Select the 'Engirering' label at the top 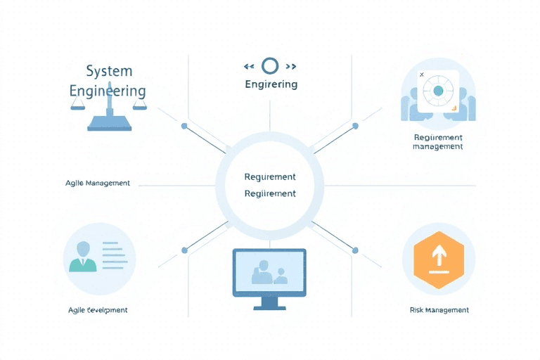271,84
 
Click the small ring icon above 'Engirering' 270,66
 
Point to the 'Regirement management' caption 438,142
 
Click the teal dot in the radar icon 438,91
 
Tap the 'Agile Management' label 98,183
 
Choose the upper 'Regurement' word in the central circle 269,177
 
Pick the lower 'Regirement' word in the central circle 269,193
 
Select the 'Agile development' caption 98,310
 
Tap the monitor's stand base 269,305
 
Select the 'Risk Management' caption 439,310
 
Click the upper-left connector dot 184,127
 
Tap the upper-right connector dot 355,127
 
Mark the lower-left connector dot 184,250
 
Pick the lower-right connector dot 355,250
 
